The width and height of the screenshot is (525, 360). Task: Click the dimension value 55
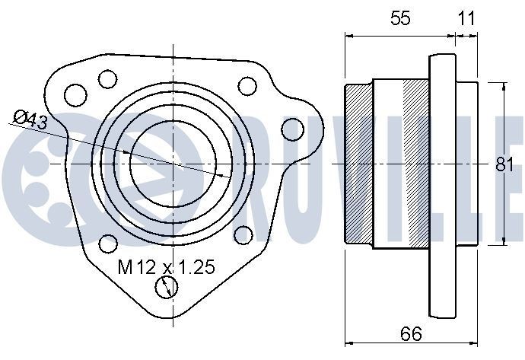tap(400, 19)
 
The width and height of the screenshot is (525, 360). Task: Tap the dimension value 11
tap(466, 19)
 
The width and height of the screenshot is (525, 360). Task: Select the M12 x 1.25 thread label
tap(167, 266)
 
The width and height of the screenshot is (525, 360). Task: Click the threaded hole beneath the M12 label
tap(166, 287)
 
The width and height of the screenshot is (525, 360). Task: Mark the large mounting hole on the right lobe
tap(292, 130)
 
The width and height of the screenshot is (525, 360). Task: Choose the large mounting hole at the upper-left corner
tap(75, 94)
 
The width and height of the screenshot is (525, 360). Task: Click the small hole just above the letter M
tap(108, 244)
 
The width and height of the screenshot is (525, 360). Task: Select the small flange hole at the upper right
tap(247, 85)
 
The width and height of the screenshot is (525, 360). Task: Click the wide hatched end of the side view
tap(360, 163)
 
